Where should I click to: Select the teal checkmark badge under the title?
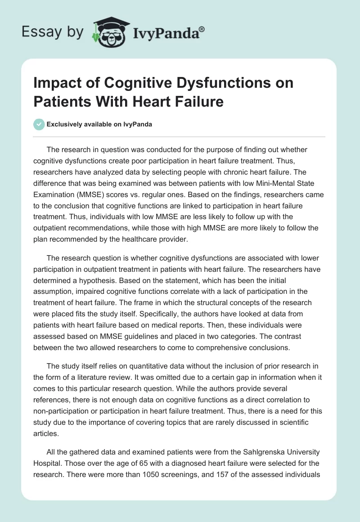(x=39, y=124)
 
